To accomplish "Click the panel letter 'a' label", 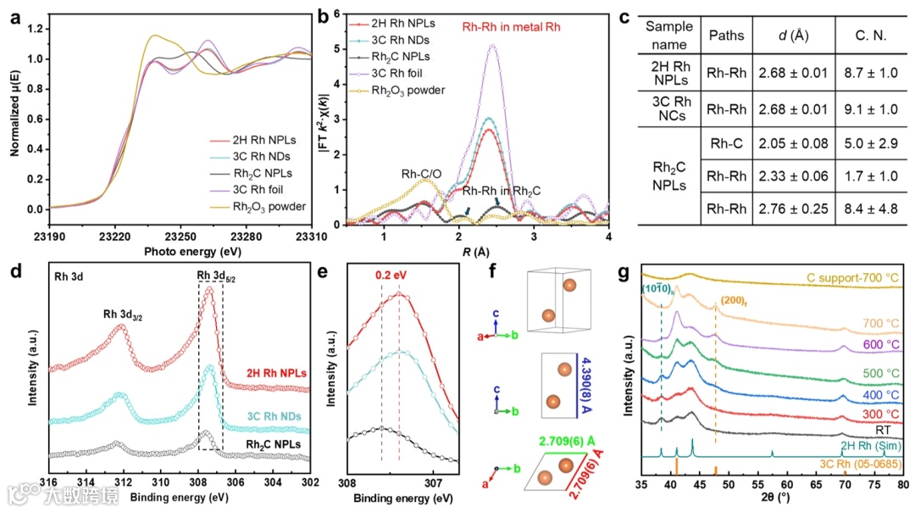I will pyautogui.click(x=16, y=16).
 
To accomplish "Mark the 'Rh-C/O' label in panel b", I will pyautogui.click(x=423, y=175).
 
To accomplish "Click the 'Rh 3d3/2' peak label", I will pyautogui.click(x=124, y=314).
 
